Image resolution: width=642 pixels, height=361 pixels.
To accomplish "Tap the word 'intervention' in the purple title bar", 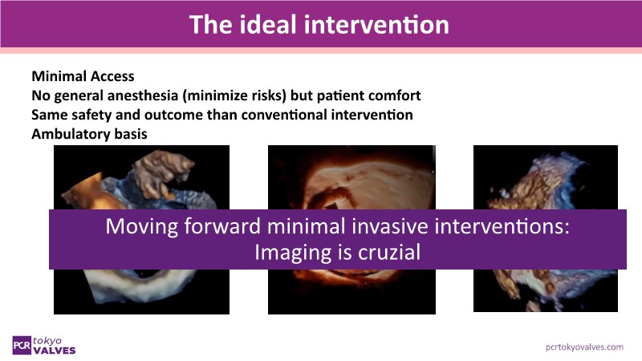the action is (376, 25).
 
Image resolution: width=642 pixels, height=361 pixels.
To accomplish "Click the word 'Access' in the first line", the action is (112, 76).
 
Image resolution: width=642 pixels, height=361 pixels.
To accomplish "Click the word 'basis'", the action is (131, 134).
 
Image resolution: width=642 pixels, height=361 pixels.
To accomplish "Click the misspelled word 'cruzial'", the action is (389, 252).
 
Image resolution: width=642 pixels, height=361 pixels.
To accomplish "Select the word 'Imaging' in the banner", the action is (292, 253).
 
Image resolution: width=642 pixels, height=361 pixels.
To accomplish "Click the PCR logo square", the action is (22, 346).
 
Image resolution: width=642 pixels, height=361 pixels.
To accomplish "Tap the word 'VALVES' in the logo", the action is (55, 351).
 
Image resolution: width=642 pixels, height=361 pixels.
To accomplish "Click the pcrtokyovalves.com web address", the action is (584, 347).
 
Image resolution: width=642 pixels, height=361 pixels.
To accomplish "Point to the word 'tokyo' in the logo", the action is (47, 340).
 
